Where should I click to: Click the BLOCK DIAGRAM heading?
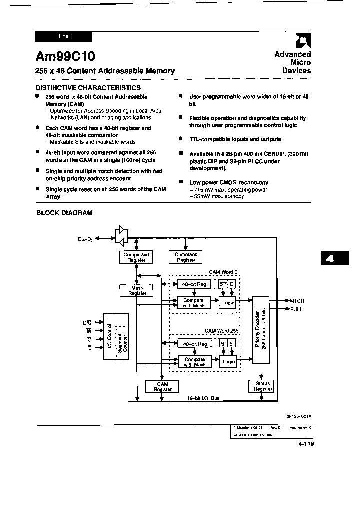(64, 213)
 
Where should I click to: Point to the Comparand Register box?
(136, 257)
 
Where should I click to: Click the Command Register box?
(186, 257)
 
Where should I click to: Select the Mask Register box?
(137, 290)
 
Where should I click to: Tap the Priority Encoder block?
(260, 330)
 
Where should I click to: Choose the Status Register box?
(263, 386)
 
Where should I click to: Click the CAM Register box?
(163, 386)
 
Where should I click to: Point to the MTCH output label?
(297, 301)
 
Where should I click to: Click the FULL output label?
(296, 309)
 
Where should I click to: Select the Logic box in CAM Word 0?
(228, 303)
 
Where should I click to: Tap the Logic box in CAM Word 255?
(228, 362)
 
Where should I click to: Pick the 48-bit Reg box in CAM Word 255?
(194, 343)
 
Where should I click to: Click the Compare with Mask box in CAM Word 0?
(193, 303)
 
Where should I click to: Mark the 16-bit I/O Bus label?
(203, 398)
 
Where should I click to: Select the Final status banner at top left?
(64, 36)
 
